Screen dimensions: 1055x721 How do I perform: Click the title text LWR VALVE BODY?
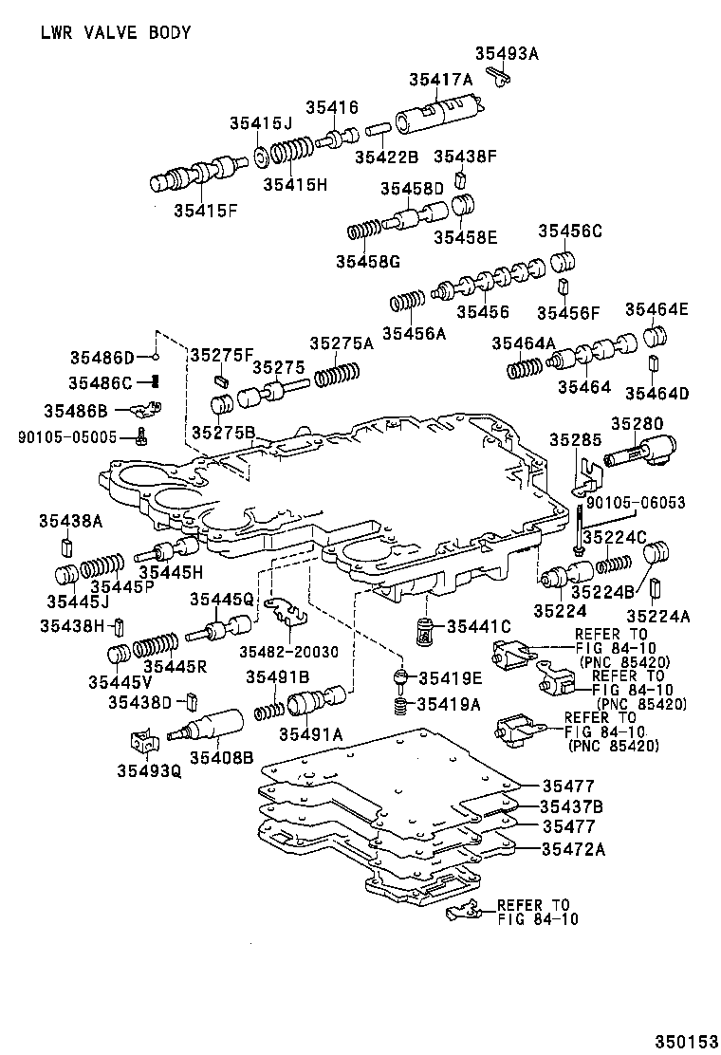pos(115,33)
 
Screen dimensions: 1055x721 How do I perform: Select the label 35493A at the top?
pos(506,53)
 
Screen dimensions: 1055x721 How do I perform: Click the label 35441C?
pos(479,626)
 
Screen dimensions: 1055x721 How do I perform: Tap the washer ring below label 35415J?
pos(258,156)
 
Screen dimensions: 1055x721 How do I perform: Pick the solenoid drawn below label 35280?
pos(642,456)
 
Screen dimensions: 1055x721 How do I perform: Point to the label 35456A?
pos(414,332)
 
